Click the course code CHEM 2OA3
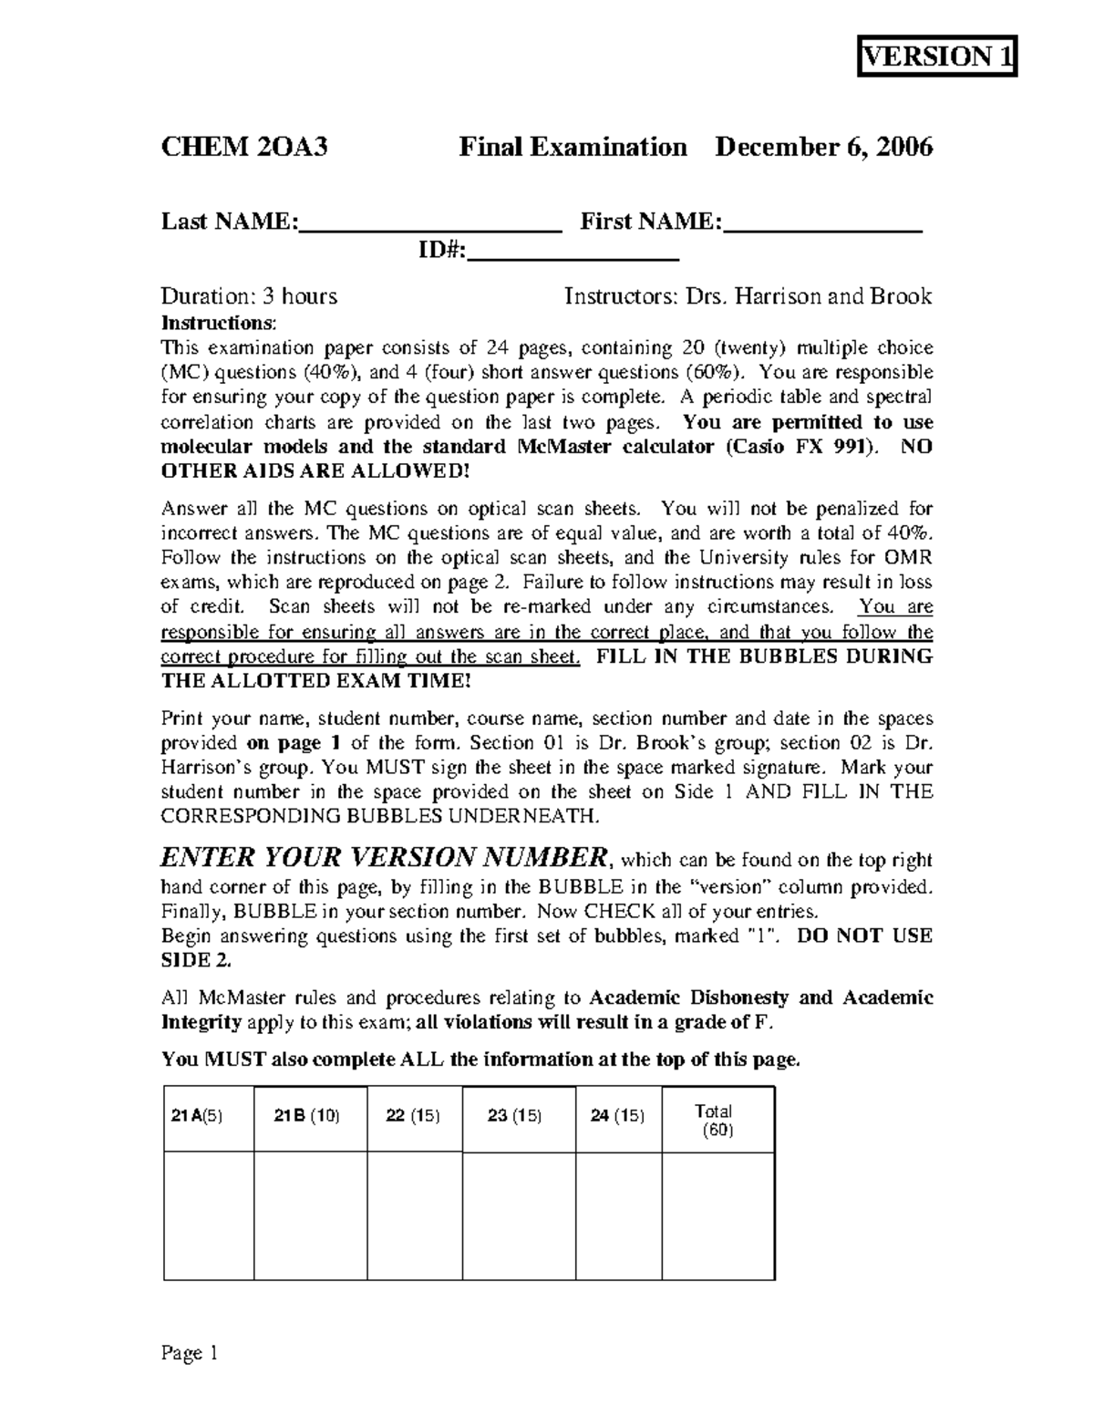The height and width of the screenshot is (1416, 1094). click(243, 147)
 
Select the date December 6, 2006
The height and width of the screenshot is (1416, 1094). click(823, 147)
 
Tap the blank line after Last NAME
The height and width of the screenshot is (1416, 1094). click(430, 224)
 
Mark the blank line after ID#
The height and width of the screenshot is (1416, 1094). click(573, 253)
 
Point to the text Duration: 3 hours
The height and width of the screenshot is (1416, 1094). click(249, 296)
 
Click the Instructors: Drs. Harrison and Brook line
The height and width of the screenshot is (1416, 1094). click(748, 296)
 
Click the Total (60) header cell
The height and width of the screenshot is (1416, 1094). click(717, 1121)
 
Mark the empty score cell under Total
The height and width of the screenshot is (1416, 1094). click(717, 1216)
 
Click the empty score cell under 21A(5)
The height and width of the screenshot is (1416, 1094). click(208, 1216)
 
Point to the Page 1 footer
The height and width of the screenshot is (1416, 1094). click(190, 1353)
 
